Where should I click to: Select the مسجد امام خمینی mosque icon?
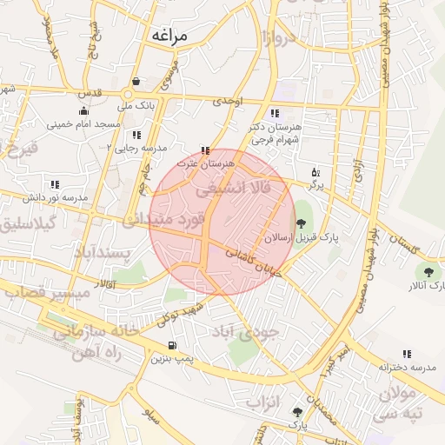(x=83, y=110)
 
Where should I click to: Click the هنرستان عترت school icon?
(x=206, y=150)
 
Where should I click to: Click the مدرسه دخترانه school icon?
(x=407, y=354)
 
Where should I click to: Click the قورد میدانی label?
(x=163, y=219)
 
